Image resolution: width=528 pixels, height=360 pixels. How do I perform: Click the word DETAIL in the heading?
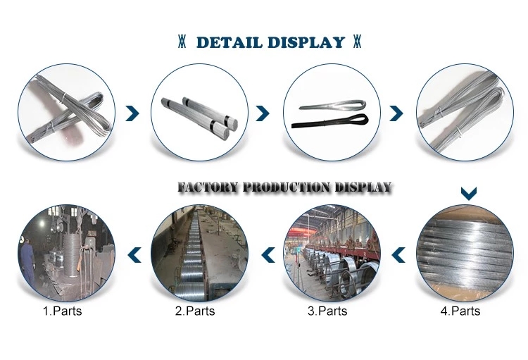pyautogui.click(x=229, y=42)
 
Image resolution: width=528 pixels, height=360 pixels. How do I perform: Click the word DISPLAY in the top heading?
pyautogui.click(x=306, y=42)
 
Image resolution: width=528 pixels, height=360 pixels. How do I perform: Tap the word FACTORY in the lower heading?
pyautogui.click(x=208, y=187)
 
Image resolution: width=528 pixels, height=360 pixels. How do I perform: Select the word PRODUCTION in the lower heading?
pyautogui.click(x=287, y=187)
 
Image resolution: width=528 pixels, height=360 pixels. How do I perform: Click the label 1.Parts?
pyautogui.click(x=62, y=311)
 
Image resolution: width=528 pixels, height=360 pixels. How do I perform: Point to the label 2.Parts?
pyautogui.click(x=195, y=311)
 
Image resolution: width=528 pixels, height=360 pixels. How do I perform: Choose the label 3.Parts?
pyautogui.click(x=327, y=311)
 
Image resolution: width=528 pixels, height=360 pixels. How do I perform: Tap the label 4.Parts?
pyautogui.click(x=460, y=311)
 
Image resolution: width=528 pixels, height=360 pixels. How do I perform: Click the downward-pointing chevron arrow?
pyautogui.click(x=468, y=193)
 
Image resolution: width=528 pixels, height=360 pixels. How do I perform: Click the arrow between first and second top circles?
pyautogui.click(x=132, y=113)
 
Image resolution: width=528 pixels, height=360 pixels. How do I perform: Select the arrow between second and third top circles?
pyautogui.click(x=263, y=113)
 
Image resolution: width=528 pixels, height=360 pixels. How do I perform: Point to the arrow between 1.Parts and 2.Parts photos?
pyautogui.click(x=134, y=255)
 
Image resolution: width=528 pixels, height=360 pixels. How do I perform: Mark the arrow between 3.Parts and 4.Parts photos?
pyautogui.click(x=398, y=255)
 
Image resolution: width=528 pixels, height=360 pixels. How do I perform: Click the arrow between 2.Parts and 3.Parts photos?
pyautogui.click(x=268, y=255)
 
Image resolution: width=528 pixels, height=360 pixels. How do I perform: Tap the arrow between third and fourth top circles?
pyautogui.click(x=396, y=113)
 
